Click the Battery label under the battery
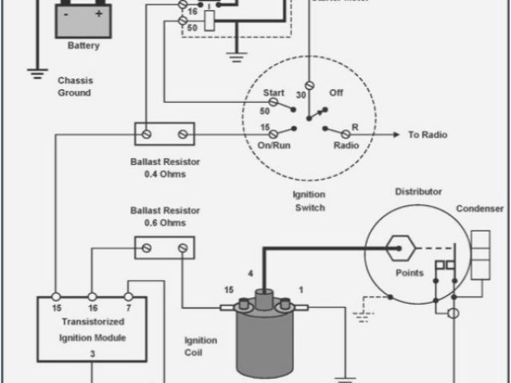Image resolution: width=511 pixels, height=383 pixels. [84, 45]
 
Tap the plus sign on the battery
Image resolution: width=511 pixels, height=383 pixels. [99, 14]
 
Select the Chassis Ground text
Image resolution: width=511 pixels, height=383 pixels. [74, 87]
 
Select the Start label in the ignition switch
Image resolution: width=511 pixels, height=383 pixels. [274, 93]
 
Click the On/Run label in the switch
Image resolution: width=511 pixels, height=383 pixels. [273, 145]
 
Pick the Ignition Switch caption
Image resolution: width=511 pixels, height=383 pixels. [308, 202]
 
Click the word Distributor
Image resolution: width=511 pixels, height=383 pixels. [418, 191]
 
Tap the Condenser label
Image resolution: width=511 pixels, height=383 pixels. [479, 209]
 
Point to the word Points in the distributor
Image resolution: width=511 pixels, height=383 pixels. [410, 273]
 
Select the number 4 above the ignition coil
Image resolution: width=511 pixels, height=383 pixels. [251, 274]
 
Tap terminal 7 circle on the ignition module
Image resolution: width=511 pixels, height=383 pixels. [128, 294]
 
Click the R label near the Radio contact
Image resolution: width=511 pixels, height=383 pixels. [354, 127]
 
